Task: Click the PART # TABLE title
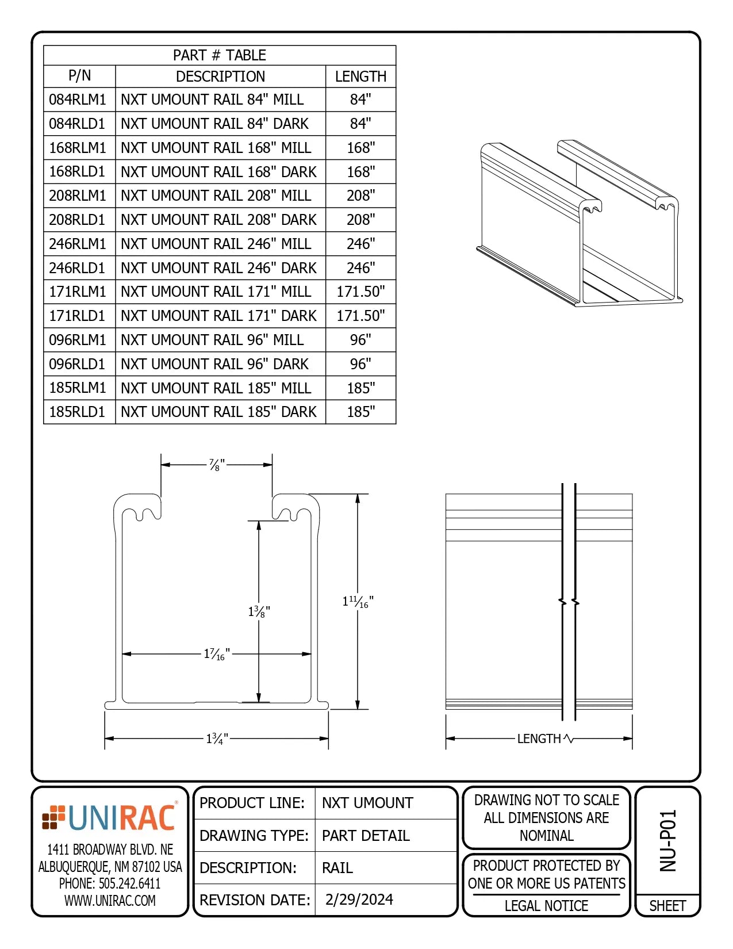[220, 55]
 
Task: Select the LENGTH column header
[360, 76]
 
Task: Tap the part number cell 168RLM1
[78, 148]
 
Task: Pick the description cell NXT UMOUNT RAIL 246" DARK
[218, 268]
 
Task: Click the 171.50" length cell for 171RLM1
[360, 292]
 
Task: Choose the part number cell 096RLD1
[78, 364]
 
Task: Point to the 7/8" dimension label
[216, 465]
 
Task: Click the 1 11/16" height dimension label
[358, 602]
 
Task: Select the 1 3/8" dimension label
[259, 611]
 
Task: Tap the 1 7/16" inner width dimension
[217, 654]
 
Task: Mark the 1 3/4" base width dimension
[217, 738]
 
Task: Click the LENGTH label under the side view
[539, 738]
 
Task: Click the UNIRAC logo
[110, 817]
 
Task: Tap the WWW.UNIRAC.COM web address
[110, 901]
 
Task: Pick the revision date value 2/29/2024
[359, 900]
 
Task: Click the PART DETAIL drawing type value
[366, 835]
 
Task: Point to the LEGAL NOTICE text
[546, 906]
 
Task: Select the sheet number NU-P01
[667, 840]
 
